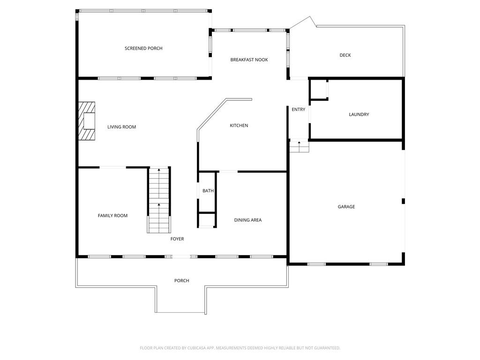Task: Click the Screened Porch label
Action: click(143, 48)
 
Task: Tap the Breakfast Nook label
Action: click(249, 60)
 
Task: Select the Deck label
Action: click(345, 55)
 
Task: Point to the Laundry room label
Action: click(359, 114)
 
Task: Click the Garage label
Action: click(346, 207)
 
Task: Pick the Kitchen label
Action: click(239, 126)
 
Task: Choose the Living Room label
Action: click(121, 127)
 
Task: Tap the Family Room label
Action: click(112, 216)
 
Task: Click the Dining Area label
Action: click(248, 220)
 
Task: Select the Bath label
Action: click(208, 191)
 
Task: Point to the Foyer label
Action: click(177, 239)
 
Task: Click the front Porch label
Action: click(181, 281)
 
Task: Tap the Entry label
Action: click(298, 110)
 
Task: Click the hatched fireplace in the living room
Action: click(87, 121)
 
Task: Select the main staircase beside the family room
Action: click(159, 200)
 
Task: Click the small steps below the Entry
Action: click(299, 146)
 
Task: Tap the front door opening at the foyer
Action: click(180, 256)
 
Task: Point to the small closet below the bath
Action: click(207, 220)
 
